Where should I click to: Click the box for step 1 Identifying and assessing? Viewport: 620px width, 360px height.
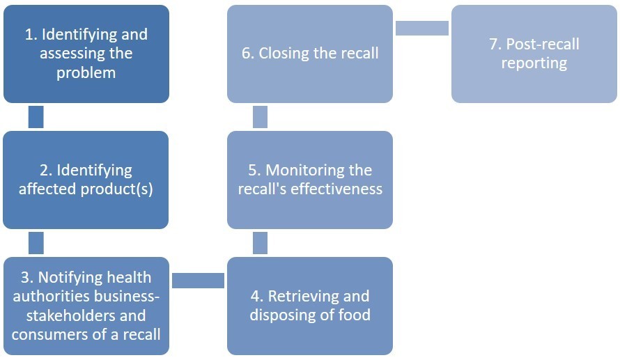coord(86,54)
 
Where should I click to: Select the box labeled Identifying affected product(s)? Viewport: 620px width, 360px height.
coord(86,180)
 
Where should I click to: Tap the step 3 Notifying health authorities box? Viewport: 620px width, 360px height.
coord(86,306)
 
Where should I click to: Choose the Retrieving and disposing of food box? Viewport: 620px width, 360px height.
coord(310,306)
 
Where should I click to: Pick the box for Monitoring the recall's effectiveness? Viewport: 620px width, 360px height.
coord(310,180)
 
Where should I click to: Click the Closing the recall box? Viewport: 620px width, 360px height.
coord(310,54)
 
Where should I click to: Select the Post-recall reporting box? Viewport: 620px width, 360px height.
coord(534,54)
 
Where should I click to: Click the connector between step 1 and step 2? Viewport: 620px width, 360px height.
coord(36,117)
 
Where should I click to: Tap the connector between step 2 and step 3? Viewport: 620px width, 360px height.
coord(36,243)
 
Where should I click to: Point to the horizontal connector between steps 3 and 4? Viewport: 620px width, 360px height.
coord(198,280)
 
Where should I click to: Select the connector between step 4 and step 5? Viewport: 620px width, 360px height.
coord(260,243)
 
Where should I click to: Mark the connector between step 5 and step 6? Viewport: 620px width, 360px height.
coord(260,117)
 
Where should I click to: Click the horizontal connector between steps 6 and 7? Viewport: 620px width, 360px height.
coord(422,28)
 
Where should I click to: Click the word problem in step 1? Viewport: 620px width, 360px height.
coord(86,72)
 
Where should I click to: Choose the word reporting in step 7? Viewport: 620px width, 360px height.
coord(534,63)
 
